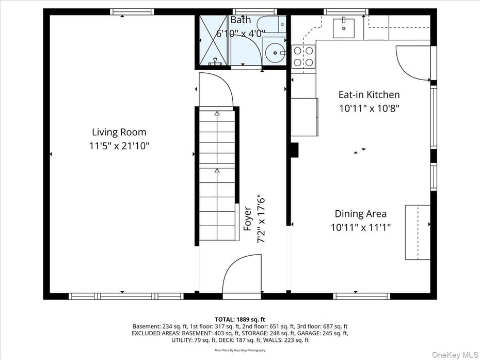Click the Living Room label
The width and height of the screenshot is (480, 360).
(119, 132)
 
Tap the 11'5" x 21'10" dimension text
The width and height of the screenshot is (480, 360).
(119, 146)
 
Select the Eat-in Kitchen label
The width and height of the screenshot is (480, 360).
(369, 95)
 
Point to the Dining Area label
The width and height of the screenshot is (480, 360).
(360, 213)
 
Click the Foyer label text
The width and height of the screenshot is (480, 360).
(248, 218)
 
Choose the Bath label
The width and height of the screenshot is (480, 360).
(241, 20)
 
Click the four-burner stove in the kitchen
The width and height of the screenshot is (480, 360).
(303, 57)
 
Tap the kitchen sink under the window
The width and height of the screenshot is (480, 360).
(343, 27)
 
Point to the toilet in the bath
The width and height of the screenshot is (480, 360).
(271, 23)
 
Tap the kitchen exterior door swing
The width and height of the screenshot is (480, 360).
(413, 63)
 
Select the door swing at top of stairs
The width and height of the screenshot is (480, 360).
(216, 90)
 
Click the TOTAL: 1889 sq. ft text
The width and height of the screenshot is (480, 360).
(240, 319)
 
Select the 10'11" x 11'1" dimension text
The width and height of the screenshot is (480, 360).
(360, 227)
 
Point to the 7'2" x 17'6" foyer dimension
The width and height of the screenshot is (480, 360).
(261, 218)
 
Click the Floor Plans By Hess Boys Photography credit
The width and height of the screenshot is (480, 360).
(240, 350)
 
